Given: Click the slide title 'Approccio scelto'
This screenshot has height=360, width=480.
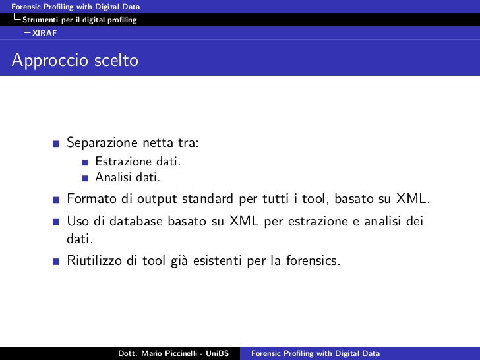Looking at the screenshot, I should pyautogui.click(x=75, y=61).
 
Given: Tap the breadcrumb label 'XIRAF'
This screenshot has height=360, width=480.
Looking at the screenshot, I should pyautogui.click(x=44, y=32).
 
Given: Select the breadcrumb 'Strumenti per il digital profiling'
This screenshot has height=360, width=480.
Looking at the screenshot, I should pyautogui.click(x=80, y=20).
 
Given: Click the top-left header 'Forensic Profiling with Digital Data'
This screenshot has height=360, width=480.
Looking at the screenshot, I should pyautogui.click(x=71, y=7).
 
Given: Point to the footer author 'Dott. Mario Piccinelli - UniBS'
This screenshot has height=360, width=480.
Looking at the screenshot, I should pyautogui.click(x=173, y=353).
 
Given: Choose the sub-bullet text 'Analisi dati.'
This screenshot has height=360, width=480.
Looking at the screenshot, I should pyautogui.click(x=127, y=177).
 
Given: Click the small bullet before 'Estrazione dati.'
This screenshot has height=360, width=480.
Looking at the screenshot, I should pyautogui.click(x=86, y=162).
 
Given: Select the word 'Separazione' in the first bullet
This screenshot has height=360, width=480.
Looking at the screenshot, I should pyautogui.click(x=102, y=143).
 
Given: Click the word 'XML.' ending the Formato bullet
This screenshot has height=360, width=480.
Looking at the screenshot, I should pyautogui.click(x=413, y=199).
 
